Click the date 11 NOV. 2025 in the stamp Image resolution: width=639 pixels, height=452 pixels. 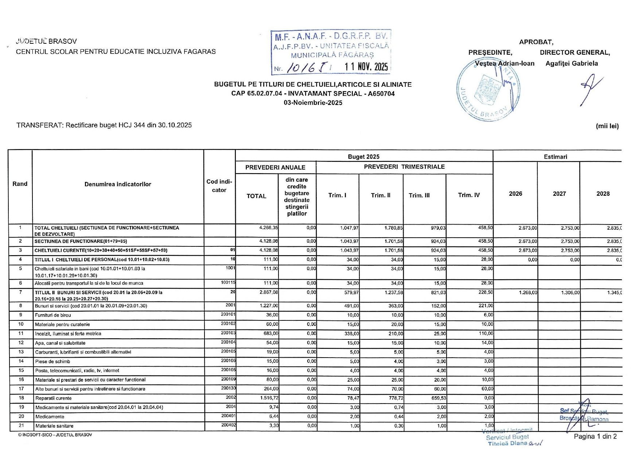pos(366,67)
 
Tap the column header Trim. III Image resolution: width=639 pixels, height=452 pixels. pos(419,195)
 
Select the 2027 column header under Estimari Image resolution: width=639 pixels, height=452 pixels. pos(559,194)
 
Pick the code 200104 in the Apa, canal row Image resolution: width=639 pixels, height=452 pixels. pos(228,343)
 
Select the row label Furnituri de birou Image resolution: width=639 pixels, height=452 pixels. pos(53,315)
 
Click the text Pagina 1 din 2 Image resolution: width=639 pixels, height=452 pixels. pos(595,437)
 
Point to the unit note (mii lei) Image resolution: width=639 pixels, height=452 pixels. pos(607,126)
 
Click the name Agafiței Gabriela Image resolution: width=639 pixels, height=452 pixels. pos(572,63)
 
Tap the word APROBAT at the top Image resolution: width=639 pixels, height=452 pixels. pos(536,42)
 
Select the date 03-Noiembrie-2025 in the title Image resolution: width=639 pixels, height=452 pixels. pos(313,103)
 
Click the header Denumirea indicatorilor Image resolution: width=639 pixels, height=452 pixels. pos(118,184)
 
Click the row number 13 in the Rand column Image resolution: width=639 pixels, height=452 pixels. pos(21,352)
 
